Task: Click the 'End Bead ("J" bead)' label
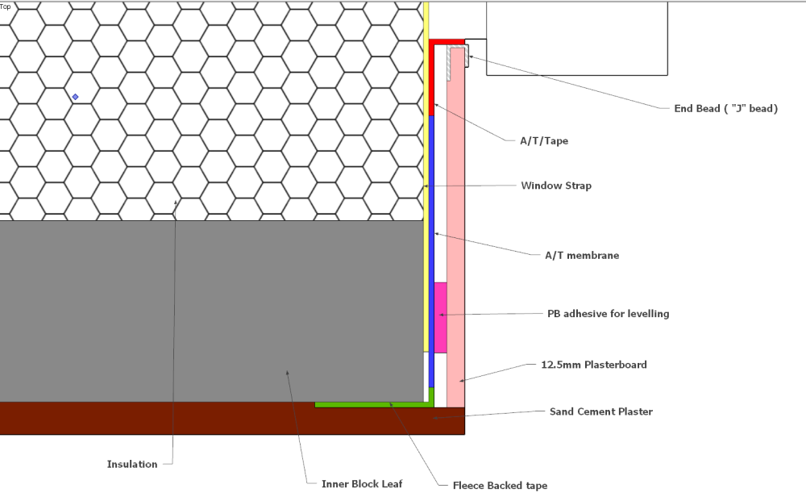[x=726, y=109]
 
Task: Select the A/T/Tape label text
[x=544, y=141]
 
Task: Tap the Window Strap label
[x=556, y=186]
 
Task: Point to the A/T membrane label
[x=582, y=256]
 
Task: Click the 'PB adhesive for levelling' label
[x=608, y=314]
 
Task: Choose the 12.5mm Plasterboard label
[x=594, y=365]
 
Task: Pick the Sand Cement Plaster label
[x=601, y=411]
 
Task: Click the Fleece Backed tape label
[x=500, y=486]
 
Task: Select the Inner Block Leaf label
[x=362, y=484]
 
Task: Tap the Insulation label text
[x=132, y=465]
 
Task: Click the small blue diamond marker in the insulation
[x=76, y=97]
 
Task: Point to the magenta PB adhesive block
[x=441, y=317]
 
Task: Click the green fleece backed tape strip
[x=375, y=405]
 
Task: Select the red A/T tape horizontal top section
[x=447, y=42]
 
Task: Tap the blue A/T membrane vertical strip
[x=431, y=252]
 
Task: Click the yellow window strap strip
[x=426, y=177]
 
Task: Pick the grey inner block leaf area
[x=211, y=311]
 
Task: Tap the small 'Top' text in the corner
[x=5, y=6]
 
